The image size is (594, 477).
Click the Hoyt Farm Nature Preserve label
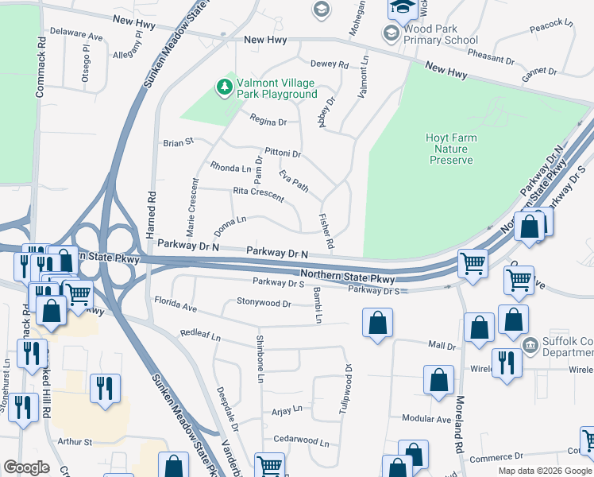tap(452, 149)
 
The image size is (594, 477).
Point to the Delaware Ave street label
tap(76, 37)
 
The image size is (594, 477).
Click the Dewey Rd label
tap(329, 64)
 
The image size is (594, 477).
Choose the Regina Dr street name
tap(267, 122)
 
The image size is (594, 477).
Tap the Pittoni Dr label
tap(283, 153)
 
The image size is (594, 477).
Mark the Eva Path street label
tap(293, 180)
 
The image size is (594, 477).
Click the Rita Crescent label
tap(258, 192)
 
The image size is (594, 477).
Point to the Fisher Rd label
tap(325, 229)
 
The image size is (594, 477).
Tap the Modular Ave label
tap(426, 418)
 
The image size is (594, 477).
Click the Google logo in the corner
tap(26, 467)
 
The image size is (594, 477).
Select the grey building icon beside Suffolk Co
tap(530, 345)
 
